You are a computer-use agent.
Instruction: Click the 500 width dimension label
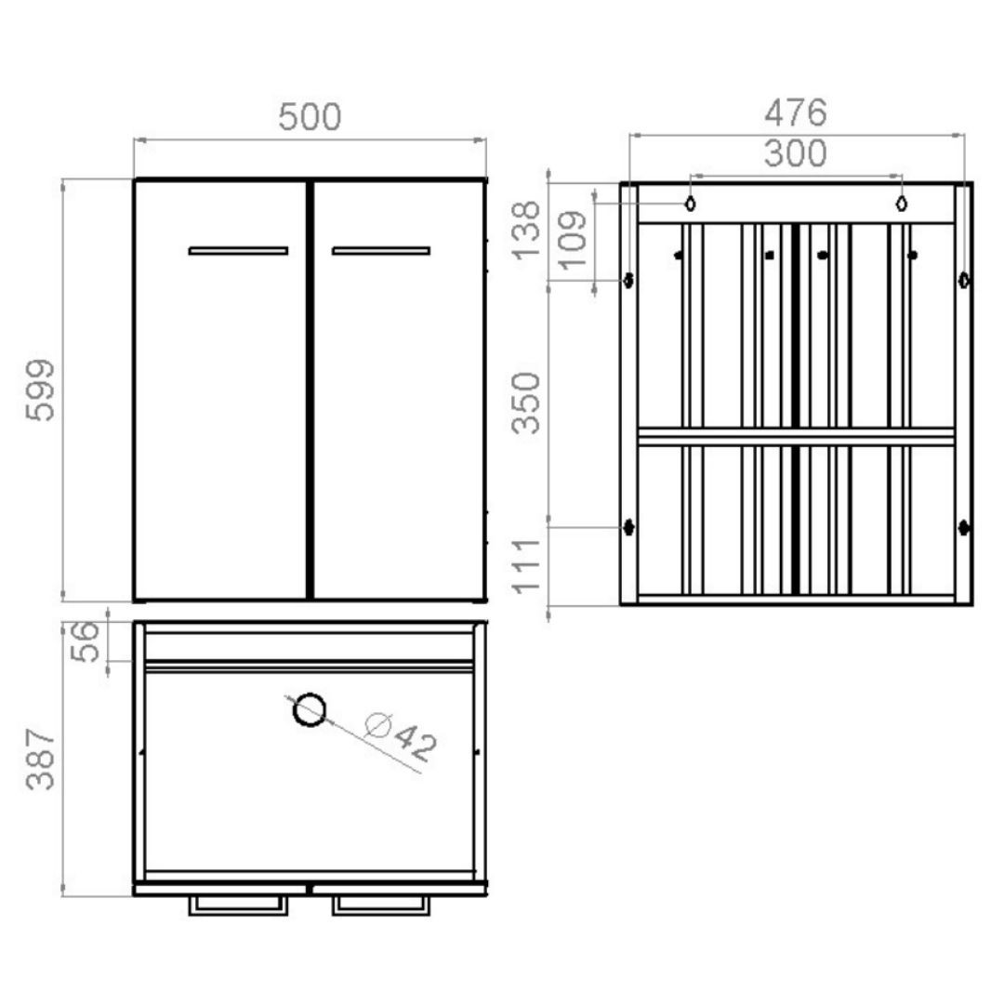click(x=310, y=117)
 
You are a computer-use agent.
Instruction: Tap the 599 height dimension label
click(x=40, y=390)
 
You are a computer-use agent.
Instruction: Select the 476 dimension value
click(x=796, y=112)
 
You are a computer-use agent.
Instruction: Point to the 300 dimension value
click(x=796, y=153)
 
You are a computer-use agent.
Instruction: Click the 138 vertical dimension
click(x=526, y=231)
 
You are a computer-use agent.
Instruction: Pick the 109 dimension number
click(x=573, y=239)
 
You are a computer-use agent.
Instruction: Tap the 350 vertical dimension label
click(x=526, y=403)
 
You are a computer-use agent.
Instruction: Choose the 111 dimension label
click(x=526, y=567)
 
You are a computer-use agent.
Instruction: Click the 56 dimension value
click(x=86, y=642)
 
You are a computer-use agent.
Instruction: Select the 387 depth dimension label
click(x=40, y=759)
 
